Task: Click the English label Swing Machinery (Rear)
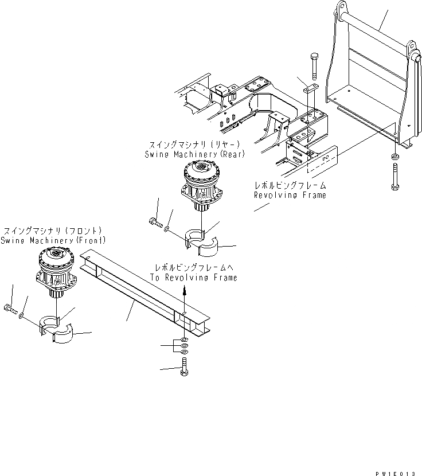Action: (193, 155)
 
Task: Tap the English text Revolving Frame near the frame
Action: (290, 195)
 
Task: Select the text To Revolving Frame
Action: (194, 277)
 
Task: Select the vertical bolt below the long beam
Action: (183, 366)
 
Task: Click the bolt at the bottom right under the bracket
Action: (395, 173)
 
